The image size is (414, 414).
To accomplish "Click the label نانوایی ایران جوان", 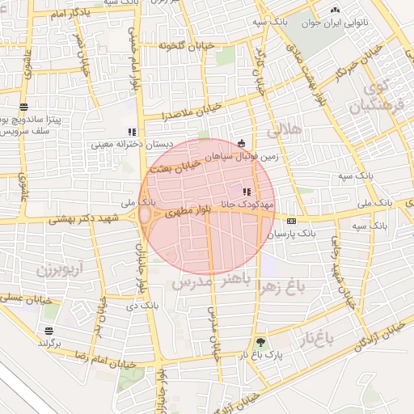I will point(335,23).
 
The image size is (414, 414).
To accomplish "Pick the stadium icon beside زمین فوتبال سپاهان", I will point(241,144).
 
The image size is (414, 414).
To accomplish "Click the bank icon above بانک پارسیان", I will point(292,221).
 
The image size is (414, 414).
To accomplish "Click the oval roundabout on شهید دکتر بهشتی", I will point(146,217).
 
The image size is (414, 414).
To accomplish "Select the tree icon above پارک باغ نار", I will point(260,342).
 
